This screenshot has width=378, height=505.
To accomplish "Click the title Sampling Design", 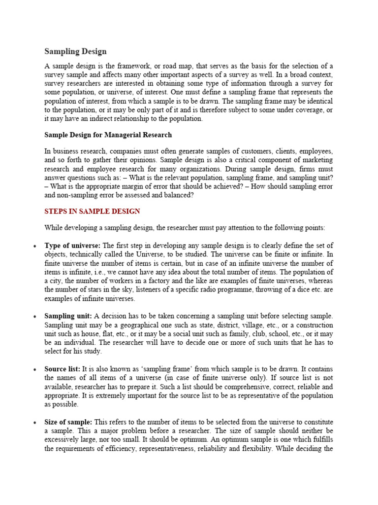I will point(75,51).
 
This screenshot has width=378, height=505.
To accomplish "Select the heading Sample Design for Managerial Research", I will point(108,135).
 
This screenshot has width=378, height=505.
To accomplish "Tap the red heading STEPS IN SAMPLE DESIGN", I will point(92,211).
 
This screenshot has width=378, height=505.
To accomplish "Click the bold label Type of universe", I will point(72,245).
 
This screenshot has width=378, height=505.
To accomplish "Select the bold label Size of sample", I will point(68,422).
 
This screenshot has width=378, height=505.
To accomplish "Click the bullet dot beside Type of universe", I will point(34,246).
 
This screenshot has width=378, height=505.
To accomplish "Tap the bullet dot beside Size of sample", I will point(34,423).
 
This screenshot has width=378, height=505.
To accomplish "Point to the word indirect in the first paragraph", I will point(102,119).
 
